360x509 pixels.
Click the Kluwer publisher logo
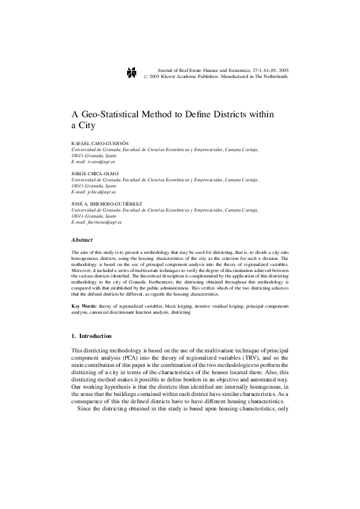(133, 73)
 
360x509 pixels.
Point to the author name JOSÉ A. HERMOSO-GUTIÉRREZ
(106, 204)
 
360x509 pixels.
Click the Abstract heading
(82, 240)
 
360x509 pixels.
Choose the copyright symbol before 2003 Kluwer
(146, 77)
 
